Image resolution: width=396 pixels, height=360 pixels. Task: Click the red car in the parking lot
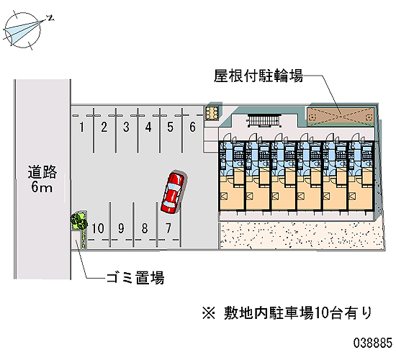174,192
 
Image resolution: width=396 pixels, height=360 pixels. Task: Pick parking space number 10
98,228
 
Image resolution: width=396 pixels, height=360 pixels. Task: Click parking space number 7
168,228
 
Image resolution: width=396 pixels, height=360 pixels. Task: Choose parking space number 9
121,228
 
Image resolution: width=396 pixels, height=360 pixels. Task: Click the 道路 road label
42,172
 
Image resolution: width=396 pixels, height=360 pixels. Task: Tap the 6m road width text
42,187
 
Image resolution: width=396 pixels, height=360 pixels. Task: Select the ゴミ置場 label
135,278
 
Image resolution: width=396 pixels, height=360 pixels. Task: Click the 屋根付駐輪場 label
258,76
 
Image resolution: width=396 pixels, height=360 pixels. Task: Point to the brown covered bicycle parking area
340,117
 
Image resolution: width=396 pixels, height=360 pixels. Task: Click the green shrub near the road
78,220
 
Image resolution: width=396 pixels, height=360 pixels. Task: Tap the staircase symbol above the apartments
264,120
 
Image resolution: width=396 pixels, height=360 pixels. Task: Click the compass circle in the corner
23,30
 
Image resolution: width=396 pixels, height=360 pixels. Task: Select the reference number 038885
372,343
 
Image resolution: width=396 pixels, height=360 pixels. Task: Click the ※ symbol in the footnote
209,313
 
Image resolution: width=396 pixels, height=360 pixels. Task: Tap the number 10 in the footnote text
320,313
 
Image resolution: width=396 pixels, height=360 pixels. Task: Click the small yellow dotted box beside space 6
212,113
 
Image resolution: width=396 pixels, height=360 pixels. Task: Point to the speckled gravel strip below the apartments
302,235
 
